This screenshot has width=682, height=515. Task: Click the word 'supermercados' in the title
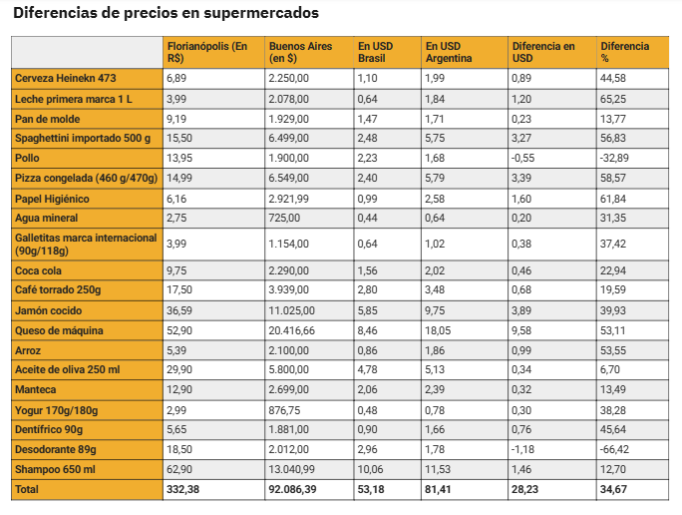(x=261, y=14)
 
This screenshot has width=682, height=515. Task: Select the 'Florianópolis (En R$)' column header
(x=207, y=52)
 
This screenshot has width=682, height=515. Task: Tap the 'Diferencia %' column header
(x=624, y=52)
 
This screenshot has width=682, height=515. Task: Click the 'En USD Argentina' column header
(x=449, y=52)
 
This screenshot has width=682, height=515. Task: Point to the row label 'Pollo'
(x=27, y=158)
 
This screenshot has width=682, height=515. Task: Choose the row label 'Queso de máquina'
(x=59, y=330)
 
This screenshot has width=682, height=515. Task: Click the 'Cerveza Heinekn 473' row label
(x=66, y=79)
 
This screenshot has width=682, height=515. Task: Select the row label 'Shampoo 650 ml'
(x=55, y=470)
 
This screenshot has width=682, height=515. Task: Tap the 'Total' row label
(x=27, y=489)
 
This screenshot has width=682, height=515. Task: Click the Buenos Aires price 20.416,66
(x=291, y=330)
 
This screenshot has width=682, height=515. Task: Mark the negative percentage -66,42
(x=614, y=449)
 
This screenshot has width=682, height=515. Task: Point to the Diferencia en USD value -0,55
(x=522, y=158)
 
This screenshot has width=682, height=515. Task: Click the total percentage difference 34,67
(x=613, y=489)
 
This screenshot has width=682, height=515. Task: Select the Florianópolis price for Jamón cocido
(x=179, y=310)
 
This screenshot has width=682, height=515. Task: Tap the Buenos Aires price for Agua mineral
(x=284, y=218)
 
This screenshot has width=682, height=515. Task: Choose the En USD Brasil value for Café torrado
(x=367, y=289)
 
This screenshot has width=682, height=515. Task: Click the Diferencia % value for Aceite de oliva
(x=610, y=369)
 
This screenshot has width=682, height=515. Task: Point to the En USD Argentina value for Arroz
(x=435, y=350)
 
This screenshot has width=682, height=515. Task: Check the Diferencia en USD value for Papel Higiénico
(x=521, y=199)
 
